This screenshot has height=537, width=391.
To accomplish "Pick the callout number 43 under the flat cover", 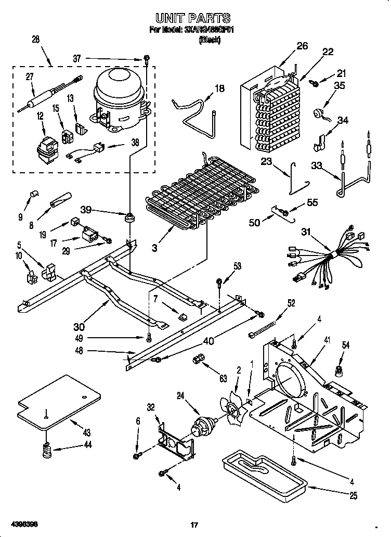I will click(86, 432).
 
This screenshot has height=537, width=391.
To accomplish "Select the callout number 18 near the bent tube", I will click(219, 88).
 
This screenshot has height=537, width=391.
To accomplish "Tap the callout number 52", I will click(291, 303).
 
